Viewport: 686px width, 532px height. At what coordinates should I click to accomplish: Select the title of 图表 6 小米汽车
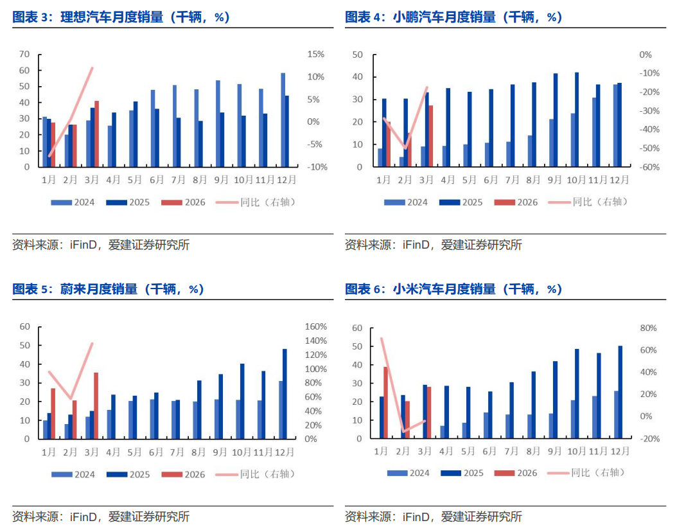pyautogui.click(x=453, y=289)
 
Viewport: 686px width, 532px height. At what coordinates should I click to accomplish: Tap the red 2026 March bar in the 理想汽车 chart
pyautogui.click(x=96, y=134)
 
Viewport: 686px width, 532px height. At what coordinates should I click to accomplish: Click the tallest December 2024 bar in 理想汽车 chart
pyautogui.click(x=283, y=120)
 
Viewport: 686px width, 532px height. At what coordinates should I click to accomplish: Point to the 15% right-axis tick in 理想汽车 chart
pyautogui.click(x=315, y=55)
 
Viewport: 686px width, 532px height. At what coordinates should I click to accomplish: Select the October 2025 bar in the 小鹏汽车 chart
pyautogui.click(x=576, y=120)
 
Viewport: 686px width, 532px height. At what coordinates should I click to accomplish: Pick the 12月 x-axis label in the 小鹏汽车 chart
pyautogui.click(x=620, y=180)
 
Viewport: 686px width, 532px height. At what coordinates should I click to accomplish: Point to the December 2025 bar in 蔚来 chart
pyautogui.click(x=285, y=394)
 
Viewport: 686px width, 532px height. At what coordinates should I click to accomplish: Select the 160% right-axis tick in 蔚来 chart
pyautogui.click(x=315, y=326)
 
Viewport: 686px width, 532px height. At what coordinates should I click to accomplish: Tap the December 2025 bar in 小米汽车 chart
pyautogui.click(x=620, y=392)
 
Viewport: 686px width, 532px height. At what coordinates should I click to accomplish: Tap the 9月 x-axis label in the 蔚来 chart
pyautogui.click(x=220, y=452)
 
